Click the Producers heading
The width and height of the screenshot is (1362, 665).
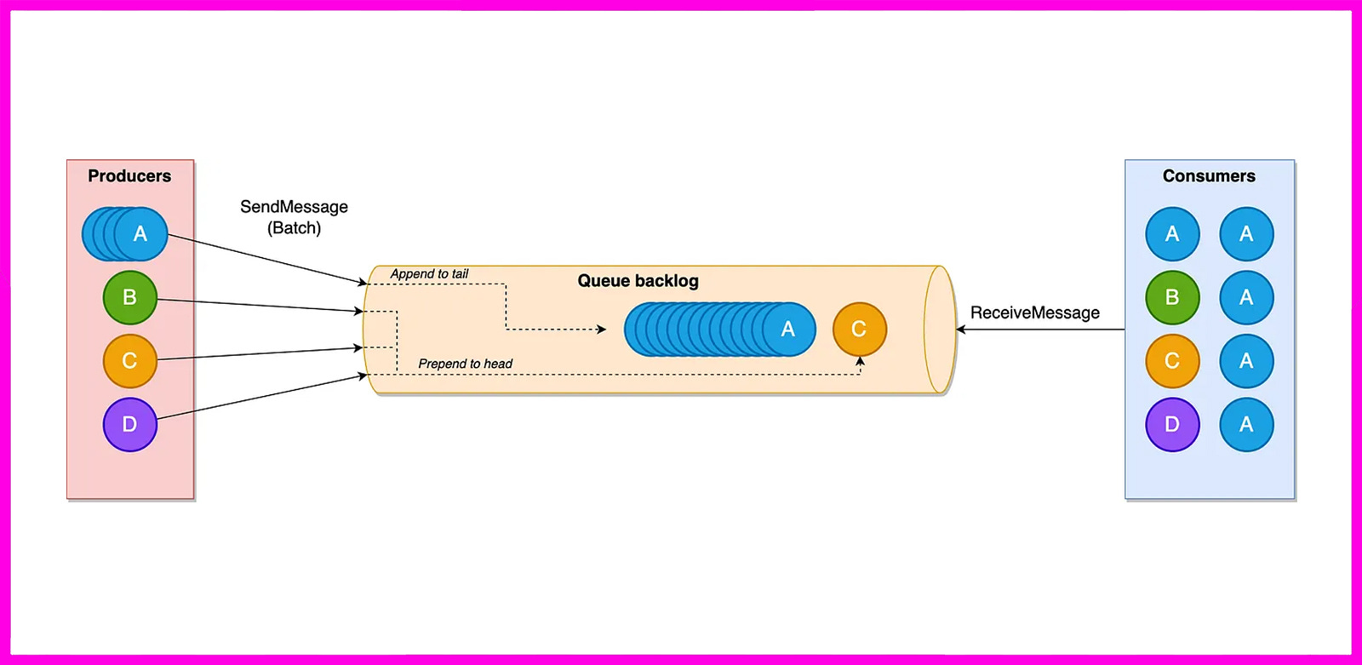[x=129, y=176]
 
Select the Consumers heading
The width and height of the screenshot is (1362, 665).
[x=1209, y=176]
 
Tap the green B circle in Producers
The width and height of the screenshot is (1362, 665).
[x=130, y=297]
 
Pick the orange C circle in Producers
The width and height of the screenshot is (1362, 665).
[x=130, y=361]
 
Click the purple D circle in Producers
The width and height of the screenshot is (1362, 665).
[x=130, y=424]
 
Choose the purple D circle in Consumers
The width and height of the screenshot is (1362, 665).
[x=1172, y=424]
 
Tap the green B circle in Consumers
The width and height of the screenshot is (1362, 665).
[x=1172, y=297]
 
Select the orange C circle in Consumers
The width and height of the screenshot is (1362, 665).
[x=1172, y=361]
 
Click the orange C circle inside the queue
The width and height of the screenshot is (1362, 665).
[x=859, y=330]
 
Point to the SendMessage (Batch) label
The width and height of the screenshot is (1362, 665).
[x=294, y=217]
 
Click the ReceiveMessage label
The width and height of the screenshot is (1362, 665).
[x=1034, y=312]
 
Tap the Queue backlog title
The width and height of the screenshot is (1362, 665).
[x=638, y=281]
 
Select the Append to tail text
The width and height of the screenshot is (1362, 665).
[x=429, y=274]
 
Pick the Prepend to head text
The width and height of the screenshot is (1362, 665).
[x=465, y=364]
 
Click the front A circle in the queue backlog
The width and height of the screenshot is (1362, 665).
[x=788, y=330]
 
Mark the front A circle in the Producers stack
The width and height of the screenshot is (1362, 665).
[x=141, y=234]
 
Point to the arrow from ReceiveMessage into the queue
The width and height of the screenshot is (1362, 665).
[x=1039, y=330]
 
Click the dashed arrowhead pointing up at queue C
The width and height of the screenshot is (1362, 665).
[x=860, y=362]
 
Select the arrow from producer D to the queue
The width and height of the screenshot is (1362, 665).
[x=261, y=397]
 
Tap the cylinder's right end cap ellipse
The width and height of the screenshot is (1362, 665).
[x=940, y=330]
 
